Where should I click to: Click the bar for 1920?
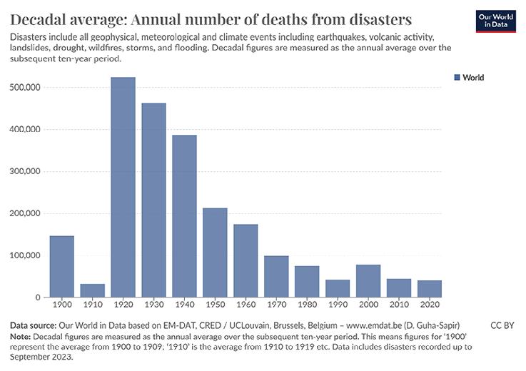123,187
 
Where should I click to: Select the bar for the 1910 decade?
92,290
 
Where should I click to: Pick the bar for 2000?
368,281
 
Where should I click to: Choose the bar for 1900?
61,266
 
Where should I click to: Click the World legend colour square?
457,78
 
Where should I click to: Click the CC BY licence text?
503,325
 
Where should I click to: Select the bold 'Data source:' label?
33,325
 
